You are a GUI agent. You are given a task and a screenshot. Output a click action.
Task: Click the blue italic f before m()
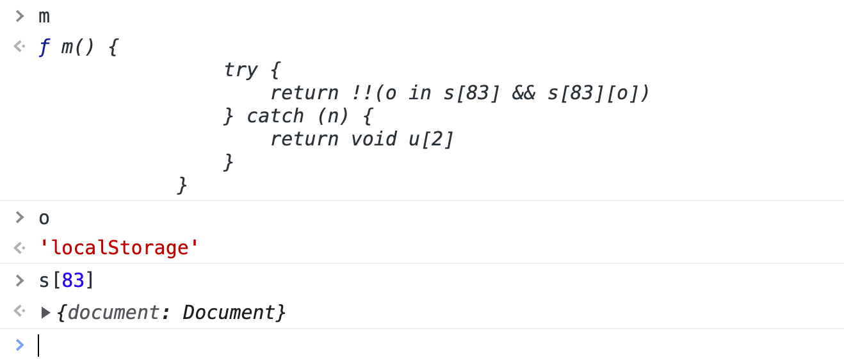click(x=45, y=49)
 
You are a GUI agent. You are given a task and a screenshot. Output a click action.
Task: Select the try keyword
click(x=241, y=70)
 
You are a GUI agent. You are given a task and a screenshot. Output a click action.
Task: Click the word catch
click(x=275, y=116)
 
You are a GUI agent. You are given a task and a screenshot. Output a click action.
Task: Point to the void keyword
click(x=374, y=139)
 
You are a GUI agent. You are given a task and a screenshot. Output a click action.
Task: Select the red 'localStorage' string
click(x=118, y=248)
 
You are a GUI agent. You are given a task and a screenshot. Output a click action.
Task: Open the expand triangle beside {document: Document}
click(x=45, y=313)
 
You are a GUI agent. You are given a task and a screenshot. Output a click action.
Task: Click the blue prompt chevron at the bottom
click(x=20, y=345)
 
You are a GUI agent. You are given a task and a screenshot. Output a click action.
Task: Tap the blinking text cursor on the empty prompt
click(x=38, y=345)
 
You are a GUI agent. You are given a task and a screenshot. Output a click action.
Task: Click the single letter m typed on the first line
click(x=44, y=16)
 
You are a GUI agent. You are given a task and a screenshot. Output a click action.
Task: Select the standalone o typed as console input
click(x=44, y=218)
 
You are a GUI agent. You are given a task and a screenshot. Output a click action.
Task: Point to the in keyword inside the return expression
click(x=420, y=93)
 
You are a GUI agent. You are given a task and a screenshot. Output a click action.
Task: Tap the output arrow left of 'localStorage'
click(x=20, y=248)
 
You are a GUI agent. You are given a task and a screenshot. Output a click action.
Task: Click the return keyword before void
click(x=304, y=139)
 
